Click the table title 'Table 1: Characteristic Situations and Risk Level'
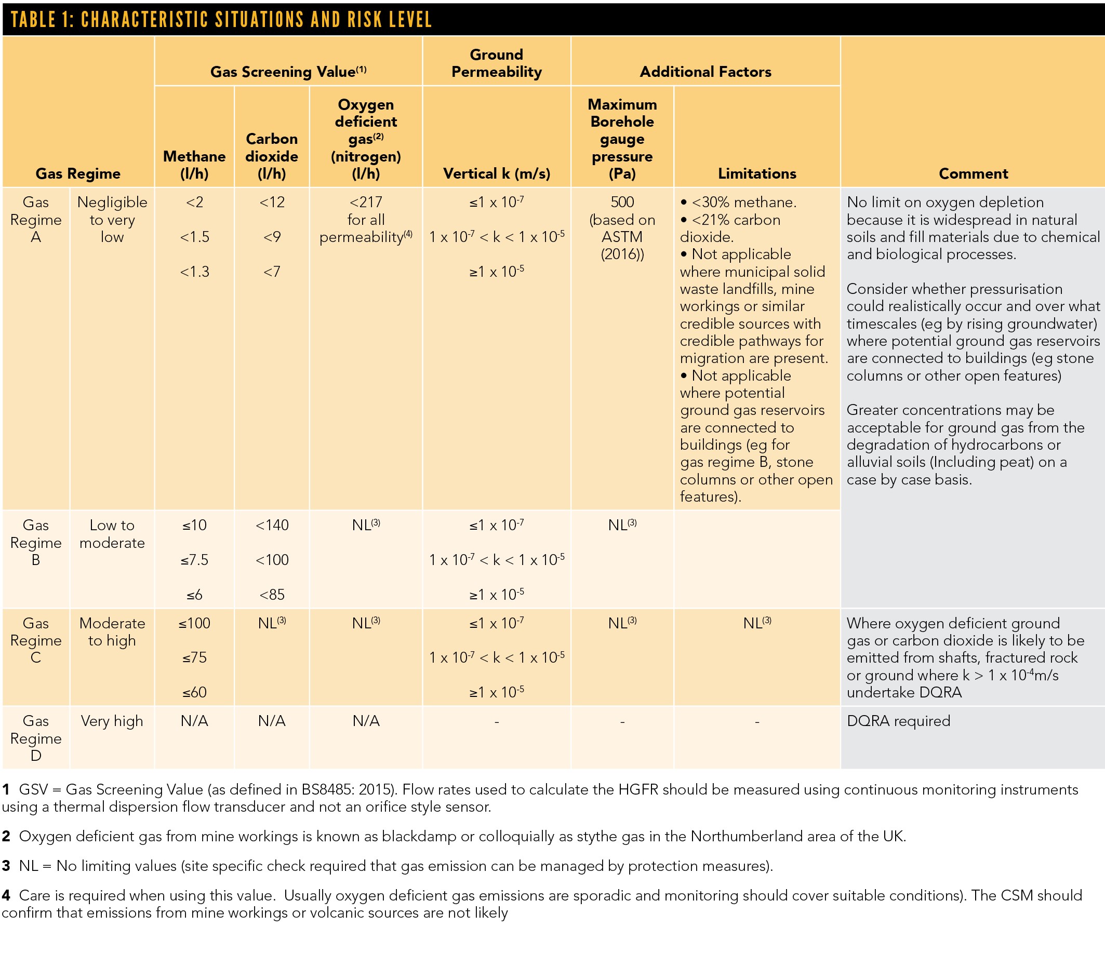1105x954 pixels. [221, 20]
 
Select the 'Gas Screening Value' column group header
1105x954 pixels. [288, 72]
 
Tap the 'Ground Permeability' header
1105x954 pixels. [496, 63]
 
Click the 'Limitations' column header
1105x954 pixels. [757, 173]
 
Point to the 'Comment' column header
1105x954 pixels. [973, 173]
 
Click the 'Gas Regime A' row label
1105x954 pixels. [36, 219]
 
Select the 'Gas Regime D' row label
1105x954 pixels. [36, 737]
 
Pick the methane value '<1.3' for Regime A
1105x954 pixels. [194, 272]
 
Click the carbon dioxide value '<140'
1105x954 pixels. [272, 525]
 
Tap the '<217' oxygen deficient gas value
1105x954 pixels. [366, 202]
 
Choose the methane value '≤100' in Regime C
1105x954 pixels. [194, 623]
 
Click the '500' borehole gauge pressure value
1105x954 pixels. [622, 202]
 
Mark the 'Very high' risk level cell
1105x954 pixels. [112, 720]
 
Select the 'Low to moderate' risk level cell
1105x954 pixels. [112, 534]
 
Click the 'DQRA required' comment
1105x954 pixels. [898, 720]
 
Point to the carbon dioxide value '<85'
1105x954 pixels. [272, 594]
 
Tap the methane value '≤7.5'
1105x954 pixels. [194, 560]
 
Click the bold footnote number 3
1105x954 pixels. [6, 866]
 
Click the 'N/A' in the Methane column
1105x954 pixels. [194, 720]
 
